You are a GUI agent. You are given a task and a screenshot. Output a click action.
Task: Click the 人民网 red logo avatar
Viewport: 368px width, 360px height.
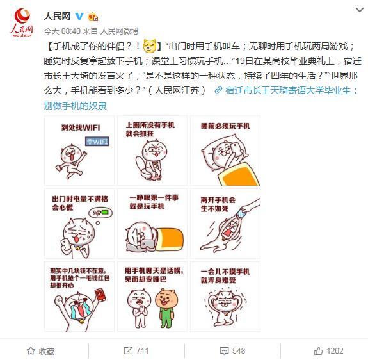(x=22, y=22)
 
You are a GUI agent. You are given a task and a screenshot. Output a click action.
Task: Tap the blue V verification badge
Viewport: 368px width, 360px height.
(x=79, y=16)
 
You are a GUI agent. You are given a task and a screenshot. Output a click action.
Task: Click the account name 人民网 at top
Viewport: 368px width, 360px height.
(x=57, y=16)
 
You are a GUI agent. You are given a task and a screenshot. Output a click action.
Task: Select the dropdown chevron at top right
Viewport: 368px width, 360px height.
(x=359, y=10)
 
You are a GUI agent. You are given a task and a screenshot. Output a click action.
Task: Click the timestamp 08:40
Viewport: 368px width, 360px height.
(x=70, y=31)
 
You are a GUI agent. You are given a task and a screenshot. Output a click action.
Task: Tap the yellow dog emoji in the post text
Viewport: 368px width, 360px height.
(x=150, y=45)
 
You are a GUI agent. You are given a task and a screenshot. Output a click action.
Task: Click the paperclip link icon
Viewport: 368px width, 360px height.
(x=218, y=90)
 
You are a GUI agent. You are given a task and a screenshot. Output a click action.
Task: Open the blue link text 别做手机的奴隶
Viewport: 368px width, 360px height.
(x=76, y=106)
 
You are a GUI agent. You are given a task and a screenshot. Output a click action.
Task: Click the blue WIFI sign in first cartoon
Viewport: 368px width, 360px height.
(x=97, y=142)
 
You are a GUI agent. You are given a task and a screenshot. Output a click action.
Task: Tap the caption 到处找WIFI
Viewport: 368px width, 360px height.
(x=81, y=127)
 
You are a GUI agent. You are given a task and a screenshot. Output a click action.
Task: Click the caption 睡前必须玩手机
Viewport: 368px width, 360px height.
(x=225, y=126)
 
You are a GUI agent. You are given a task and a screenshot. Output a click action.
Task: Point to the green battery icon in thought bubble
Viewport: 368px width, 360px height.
(x=104, y=213)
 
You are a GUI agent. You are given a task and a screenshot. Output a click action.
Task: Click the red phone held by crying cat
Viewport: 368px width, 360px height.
(x=100, y=295)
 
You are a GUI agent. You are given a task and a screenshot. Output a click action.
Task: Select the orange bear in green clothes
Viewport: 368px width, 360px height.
(x=166, y=307)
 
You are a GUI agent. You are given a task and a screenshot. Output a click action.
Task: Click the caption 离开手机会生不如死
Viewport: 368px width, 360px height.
(x=218, y=204)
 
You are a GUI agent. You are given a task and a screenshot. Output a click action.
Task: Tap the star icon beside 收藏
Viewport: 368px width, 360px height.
(x=31, y=351)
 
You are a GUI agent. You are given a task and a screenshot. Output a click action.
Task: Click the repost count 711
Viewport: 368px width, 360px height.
(x=142, y=351)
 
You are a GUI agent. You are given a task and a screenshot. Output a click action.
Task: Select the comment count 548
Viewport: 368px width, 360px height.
(x=239, y=351)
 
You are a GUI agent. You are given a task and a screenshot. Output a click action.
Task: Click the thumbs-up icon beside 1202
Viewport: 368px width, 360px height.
(x=318, y=351)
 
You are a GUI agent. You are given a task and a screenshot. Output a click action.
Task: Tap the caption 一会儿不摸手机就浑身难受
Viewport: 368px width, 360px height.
(x=225, y=276)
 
